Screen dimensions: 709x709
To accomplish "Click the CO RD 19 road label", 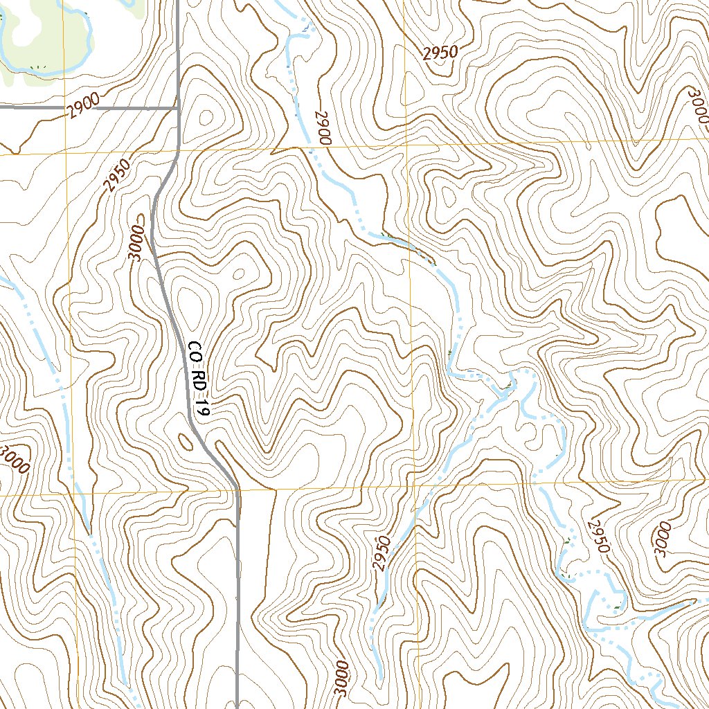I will coord(197,378).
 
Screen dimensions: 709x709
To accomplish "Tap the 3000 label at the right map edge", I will coord(698,103).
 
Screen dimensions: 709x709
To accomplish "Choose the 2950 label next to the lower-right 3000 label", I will coord(598,536).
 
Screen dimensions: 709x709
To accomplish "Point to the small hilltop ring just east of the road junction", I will coord(205,118).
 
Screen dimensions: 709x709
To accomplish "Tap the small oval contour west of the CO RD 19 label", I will coord(186,440).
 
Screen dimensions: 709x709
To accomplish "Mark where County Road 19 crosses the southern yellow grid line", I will coord(237,491).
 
